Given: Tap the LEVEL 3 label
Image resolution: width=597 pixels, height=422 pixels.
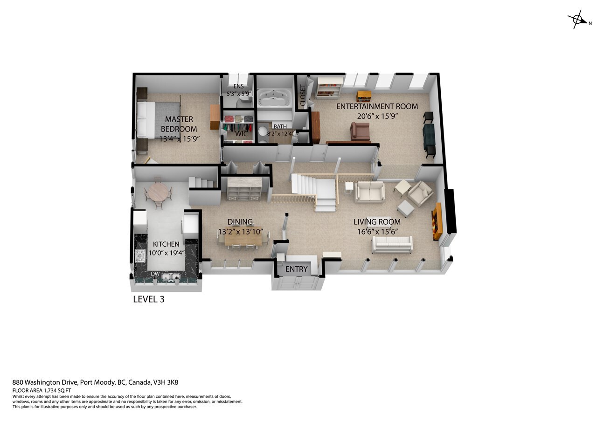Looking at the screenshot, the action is click(149, 299).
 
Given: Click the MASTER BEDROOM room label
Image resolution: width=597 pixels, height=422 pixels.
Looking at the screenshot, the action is click(179, 124).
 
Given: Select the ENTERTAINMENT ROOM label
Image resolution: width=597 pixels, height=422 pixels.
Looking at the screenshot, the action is click(377, 106).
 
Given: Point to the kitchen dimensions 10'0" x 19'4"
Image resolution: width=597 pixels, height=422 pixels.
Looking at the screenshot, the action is click(167, 253).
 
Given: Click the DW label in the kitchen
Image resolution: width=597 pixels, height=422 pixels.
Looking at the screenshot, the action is click(155, 274).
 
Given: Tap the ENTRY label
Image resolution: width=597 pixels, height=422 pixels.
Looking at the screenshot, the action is click(296, 270).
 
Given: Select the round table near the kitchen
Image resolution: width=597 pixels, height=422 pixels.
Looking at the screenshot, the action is click(159, 192).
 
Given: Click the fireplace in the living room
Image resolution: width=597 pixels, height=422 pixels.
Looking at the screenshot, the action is click(437, 221).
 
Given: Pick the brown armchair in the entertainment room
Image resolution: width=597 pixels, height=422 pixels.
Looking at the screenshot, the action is click(360, 131).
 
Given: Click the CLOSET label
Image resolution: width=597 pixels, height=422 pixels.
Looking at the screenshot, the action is click(303, 95).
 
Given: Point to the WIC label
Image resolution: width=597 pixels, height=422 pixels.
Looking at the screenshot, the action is click(241, 134).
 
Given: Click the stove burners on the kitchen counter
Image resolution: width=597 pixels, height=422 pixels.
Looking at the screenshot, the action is click(140, 256).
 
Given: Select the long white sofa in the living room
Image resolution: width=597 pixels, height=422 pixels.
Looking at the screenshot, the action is click(392, 244).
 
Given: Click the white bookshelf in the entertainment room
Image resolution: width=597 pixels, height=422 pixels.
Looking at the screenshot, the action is click(329, 88).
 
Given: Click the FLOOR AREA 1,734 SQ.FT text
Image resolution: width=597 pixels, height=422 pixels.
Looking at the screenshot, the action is click(42, 391).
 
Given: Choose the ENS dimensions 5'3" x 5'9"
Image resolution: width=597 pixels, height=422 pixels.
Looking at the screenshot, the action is click(239, 94).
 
